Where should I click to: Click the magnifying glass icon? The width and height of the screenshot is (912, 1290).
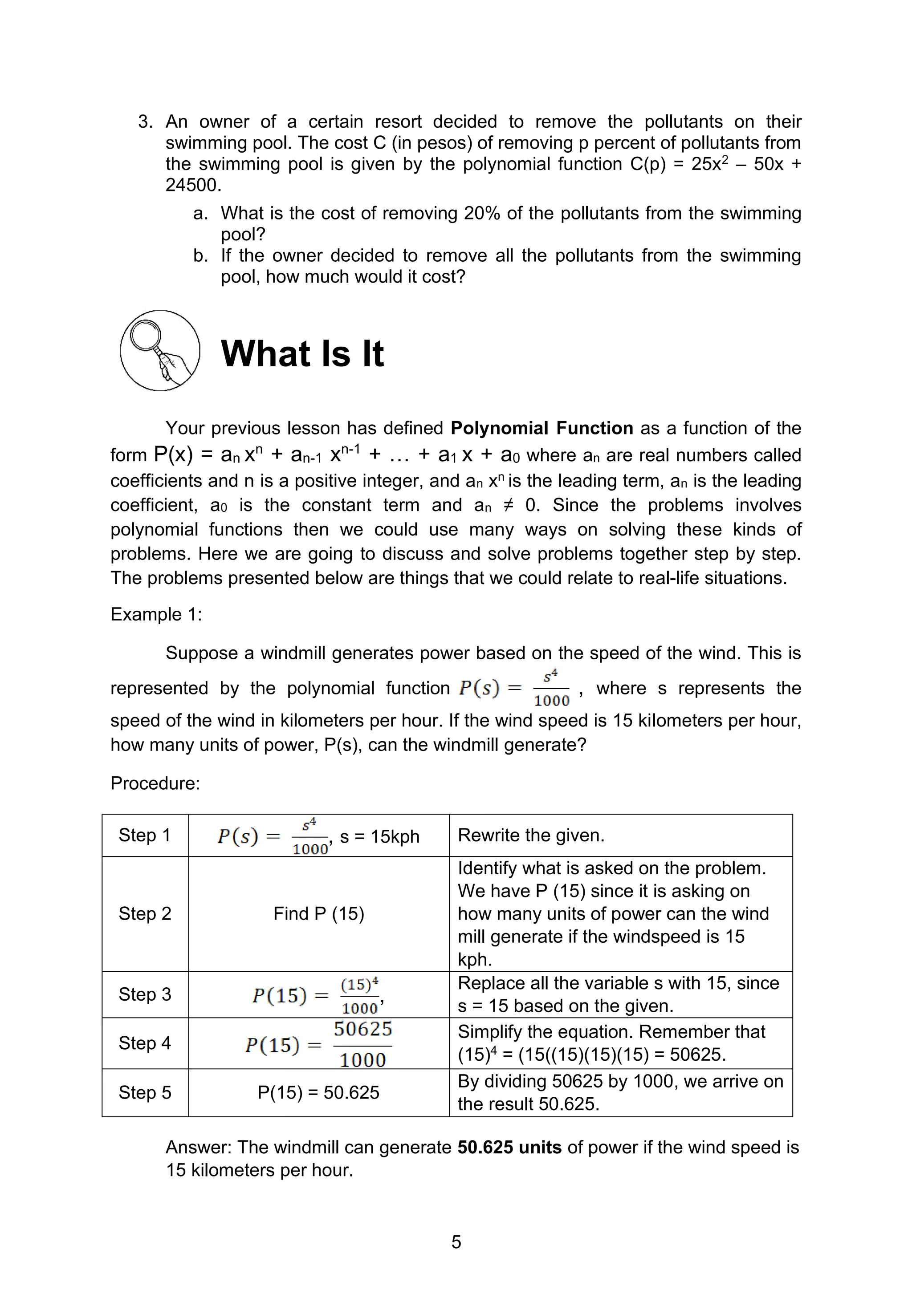click(159, 351)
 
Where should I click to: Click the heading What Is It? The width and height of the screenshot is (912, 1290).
click(302, 354)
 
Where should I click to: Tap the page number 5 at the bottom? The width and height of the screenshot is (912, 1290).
click(456, 1241)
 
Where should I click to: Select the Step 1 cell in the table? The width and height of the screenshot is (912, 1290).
click(144, 835)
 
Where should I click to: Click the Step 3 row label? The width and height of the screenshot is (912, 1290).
click(144, 994)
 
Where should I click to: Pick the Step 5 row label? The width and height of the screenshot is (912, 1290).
click(144, 1092)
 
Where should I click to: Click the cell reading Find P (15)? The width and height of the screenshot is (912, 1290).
click(318, 913)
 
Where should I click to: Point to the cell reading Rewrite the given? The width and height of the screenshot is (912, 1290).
click(531, 835)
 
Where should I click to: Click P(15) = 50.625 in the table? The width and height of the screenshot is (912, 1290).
click(318, 1092)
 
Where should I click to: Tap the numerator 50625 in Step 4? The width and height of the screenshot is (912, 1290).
click(363, 1029)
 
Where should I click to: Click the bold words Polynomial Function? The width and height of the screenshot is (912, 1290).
click(541, 428)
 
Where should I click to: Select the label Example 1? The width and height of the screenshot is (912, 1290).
click(156, 614)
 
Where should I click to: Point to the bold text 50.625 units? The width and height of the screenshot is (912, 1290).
click(509, 1147)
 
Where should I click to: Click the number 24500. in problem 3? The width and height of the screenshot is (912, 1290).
click(193, 185)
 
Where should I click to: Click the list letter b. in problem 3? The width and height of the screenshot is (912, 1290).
click(200, 256)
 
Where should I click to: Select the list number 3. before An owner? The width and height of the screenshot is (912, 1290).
click(146, 122)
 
